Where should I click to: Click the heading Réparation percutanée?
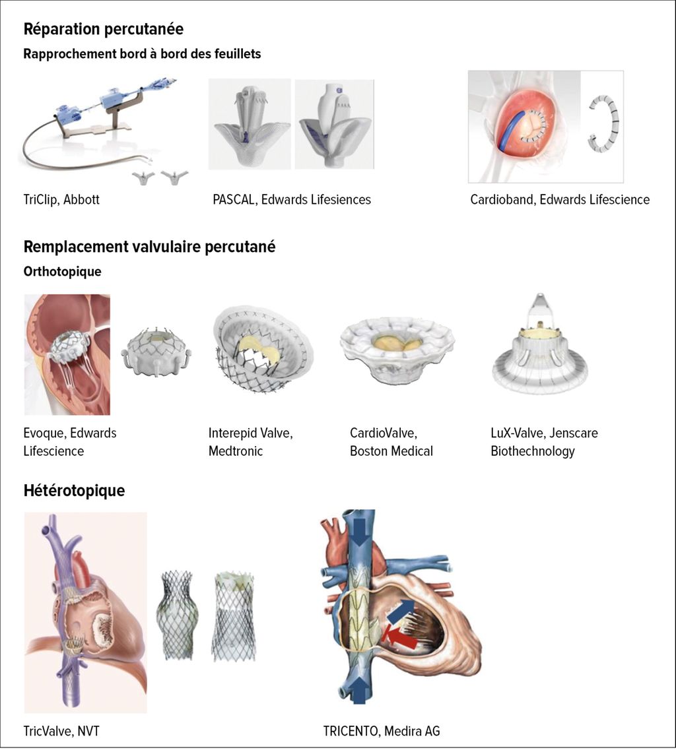pyautogui.click(x=103, y=30)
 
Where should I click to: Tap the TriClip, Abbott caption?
pyautogui.click(x=61, y=200)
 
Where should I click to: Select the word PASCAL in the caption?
pyautogui.click(x=233, y=200)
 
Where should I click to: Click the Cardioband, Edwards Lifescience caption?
pyautogui.click(x=560, y=200)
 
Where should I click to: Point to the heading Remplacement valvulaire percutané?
pyautogui.click(x=150, y=247)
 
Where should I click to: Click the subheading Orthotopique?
pyautogui.click(x=62, y=271)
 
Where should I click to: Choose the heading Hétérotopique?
pyautogui.click(x=75, y=491)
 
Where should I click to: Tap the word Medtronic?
pyautogui.click(x=236, y=451)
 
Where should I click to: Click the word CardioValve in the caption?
pyautogui.click(x=383, y=433)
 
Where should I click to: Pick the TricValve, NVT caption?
pyautogui.click(x=61, y=731)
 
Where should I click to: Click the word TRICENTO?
pyautogui.click(x=351, y=731)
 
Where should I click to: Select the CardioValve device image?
pyautogui.click(x=397, y=350)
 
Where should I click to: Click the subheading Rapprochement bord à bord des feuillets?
pyautogui.click(x=142, y=54)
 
